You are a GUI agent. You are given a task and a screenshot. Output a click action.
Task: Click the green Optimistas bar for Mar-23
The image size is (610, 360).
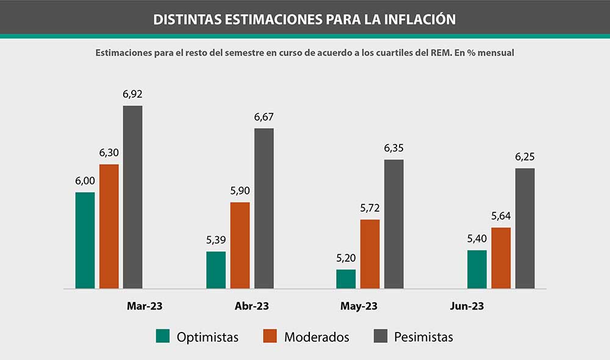[x=85, y=240]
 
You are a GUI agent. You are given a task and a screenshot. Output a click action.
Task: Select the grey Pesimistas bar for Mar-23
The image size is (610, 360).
[x=132, y=196]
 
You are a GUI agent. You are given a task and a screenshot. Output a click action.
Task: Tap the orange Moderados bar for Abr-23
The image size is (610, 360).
[x=240, y=245]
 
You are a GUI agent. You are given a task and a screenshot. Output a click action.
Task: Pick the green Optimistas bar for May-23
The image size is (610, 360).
[x=346, y=279]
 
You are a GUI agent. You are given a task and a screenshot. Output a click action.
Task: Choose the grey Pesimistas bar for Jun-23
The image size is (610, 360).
[x=525, y=228]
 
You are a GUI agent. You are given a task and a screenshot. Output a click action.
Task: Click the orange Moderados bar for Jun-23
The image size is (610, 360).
[x=501, y=257]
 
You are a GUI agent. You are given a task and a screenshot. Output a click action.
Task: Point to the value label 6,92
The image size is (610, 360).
[x=132, y=94]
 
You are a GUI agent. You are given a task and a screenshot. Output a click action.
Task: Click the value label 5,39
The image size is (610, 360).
[x=216, y=240]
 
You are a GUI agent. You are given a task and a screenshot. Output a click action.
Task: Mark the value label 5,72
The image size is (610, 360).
[x=370, y=208]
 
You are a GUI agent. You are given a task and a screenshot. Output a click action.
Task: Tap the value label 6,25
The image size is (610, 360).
[x=525, y=157]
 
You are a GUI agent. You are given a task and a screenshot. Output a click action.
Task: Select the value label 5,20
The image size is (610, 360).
[x=346, y=258]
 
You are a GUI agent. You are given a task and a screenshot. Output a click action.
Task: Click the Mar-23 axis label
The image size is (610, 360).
[x=145, y=306]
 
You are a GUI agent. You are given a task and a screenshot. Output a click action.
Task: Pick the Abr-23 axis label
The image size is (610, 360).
[x=252, y=306]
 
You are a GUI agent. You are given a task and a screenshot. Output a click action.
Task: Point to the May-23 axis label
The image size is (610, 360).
[x=359, y=306]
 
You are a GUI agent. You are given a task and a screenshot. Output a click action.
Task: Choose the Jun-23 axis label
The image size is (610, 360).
[x=467, y=306]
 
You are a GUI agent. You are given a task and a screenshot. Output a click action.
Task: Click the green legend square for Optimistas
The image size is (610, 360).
[x=163, y=336]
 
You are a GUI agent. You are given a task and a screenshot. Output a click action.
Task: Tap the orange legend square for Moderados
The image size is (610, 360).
[x=271, y=336]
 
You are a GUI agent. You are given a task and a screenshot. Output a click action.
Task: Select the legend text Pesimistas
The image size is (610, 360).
[x=423, y=337]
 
